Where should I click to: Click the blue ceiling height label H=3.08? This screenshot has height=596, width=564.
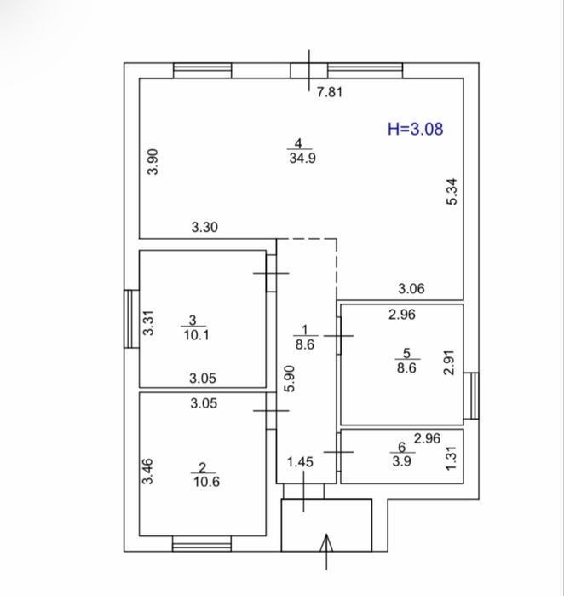pyautogui.click(x=415, y=129)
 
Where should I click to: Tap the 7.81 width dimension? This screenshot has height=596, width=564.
pyautogui.click(x=330, y=92)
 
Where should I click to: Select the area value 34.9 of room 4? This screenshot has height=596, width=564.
pyautogui.click(x=302, y=158)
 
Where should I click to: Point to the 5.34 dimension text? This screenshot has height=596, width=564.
pyautogui.click(x=452, y=192)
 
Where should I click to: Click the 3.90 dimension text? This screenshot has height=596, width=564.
pyautogui.click(x=153, y=161)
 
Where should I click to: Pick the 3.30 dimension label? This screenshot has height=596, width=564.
pyautogui.click(x=204, y=227)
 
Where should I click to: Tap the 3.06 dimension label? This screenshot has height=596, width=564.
pyautogui.click(x=411, y=289)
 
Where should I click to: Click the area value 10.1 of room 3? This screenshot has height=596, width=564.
pyautogui.click(x=196, y=335)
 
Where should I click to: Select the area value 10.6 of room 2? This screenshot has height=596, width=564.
pyautogui.click(x=207, y=482)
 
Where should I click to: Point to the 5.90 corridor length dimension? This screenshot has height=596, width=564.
pyautogui.click(x=290, y=379)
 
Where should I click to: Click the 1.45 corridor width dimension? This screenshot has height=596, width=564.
pyautogui.click(x=300, y=462)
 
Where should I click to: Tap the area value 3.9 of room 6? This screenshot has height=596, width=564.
pyautogui.click(x=402, y=461)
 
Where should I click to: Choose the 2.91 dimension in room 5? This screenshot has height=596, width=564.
pyautogui.click(x=449, y=362)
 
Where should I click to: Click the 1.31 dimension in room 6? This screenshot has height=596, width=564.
pyautogui.click(x=451, y=458)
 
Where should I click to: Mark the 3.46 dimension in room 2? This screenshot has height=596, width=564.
pyautogui.click(x=147, y=472)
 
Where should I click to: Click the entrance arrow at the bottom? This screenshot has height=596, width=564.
pyautogui.click(x=326, y=552)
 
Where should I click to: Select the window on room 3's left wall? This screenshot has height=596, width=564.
pyautogui.click(x=131, y=319)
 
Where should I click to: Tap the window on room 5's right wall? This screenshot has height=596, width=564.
pyautogui.click(x=471, y=396)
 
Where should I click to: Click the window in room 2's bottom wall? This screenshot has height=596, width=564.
pyautogui.click(x=202, y=543)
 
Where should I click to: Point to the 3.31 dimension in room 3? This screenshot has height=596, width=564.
pyautogui.click(x=148, y=322)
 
